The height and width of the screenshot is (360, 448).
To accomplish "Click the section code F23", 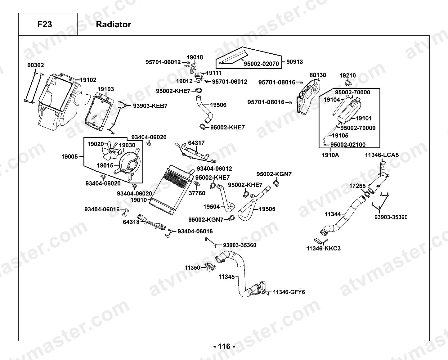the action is click(x=45, y=24).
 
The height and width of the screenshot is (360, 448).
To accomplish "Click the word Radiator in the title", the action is click(x=114, y=24).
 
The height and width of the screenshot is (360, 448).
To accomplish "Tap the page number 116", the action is click(x=224, y=346).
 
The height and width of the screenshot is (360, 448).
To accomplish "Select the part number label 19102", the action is click(x=88, y=80).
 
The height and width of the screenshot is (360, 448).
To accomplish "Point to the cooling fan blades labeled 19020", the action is click(x=111, y=150).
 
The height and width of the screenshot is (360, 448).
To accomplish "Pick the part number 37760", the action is click(x=197, y=193).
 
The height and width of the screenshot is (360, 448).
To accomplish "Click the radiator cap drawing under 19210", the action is click(x=348, y=83).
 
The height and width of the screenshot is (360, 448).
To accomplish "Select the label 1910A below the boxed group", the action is click(x=330, y=155).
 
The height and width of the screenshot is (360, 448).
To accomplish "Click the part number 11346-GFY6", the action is click(x=289, y=292).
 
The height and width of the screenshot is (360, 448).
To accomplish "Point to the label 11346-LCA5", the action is click(x=382, y=155).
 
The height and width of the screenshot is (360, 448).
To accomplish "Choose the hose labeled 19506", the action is click(x=204, y=109).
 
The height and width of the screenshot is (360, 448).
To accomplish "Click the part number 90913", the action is click(x=294, y=62).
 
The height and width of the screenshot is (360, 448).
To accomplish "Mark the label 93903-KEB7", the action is click(x=150, y=106).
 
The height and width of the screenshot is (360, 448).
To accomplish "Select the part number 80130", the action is click(x=318, y=75).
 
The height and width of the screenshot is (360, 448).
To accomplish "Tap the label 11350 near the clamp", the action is click(x=193, y=268).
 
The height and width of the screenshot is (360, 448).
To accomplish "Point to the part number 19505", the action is click(x=267, y=209).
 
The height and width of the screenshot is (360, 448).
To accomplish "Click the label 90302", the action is click(x=36, y=65).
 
